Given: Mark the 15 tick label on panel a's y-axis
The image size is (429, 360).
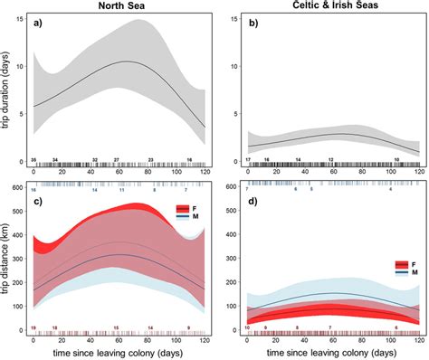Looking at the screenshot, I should coord(22,17).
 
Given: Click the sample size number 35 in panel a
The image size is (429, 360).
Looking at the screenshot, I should coord(33,159).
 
